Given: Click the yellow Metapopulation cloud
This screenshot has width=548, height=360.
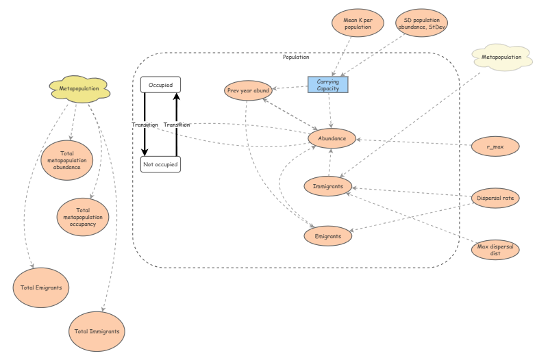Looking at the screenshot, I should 79,88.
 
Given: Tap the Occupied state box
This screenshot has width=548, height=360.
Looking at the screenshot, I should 160,84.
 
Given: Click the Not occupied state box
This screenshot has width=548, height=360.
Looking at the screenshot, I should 160,164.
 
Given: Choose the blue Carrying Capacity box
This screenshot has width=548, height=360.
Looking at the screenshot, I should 328,84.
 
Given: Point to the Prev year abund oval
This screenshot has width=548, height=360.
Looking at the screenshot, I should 248,90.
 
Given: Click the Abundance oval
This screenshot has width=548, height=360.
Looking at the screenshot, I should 332,139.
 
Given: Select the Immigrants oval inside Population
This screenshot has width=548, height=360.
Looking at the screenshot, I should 328,185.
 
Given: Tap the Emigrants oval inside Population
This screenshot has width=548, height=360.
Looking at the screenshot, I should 328,235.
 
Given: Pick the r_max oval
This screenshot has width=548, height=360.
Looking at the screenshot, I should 495,146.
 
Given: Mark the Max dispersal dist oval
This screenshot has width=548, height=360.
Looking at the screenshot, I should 495,249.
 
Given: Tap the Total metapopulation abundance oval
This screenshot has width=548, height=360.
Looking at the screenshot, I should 67,160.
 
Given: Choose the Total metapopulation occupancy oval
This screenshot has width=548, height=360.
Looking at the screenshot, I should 83,216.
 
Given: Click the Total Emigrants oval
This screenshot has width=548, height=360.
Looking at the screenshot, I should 41,287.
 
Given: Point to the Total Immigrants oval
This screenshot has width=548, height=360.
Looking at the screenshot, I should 97,331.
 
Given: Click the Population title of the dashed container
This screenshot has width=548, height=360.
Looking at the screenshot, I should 296,57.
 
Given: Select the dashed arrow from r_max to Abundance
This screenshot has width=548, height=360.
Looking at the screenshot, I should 411,142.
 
